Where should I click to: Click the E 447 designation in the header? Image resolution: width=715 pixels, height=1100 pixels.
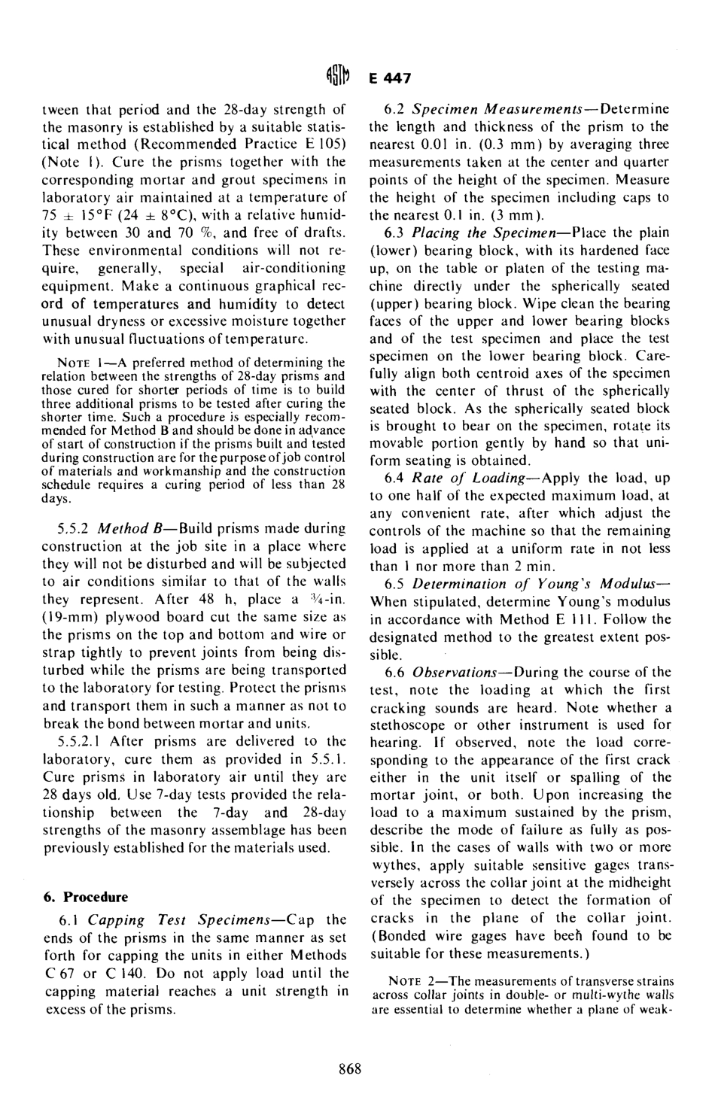(387, 78)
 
